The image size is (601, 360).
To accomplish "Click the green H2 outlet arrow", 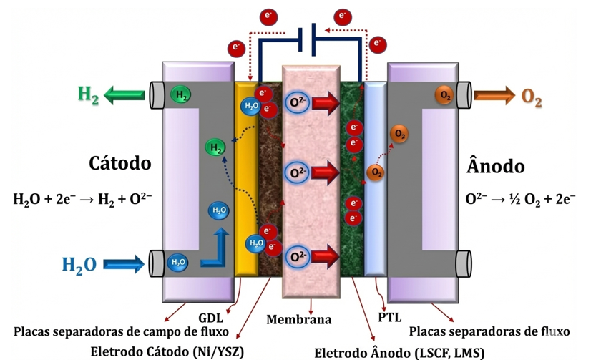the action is pyautogui.click(x=124, y=94).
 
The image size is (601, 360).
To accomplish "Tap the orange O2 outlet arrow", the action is pyautogui.click(x=495, y=95).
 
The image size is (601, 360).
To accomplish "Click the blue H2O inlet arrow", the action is pyautogui.click(x=124, y=264).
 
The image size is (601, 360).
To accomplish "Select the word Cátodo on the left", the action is pyautogui.click(x=120, y=163).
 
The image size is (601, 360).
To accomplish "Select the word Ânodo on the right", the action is pyautogui.click(x=495, y=165).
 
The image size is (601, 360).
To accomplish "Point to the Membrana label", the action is pyautogui.click(x=299, y=319).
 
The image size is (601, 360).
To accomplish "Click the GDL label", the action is pyautogui.click(x=210, y=318).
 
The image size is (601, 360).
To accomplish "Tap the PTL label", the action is pyautogui.click(x=390, y=318).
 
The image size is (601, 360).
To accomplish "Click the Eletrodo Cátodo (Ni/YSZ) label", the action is pyautogui.click(x=167, y=351).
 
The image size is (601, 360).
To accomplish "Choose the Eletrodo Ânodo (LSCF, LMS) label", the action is pyautogui.click(x=399, y=353).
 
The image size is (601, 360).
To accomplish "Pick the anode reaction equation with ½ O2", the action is pyautogui.click(x=520, y=200).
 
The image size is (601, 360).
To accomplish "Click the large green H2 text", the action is pyautogui.click(x=88, y=95).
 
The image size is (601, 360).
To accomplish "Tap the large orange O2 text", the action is pyautogui.click(x=532, y=97).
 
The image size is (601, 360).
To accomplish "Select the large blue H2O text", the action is pyautogui.click(x=79, y=265).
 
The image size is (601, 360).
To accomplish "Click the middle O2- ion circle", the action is pyautogui.click(x=297, y=172).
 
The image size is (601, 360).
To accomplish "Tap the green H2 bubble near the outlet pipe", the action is pyautogui.click(x=180, y=95).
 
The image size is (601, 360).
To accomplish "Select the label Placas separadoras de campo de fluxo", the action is pyautogui.click(x=121, y=331).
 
